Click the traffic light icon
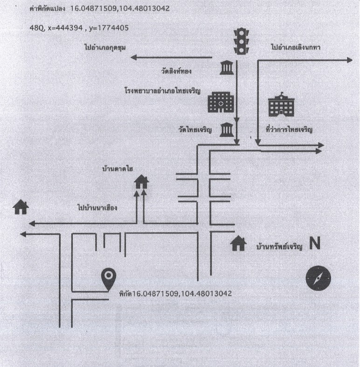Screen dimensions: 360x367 coord(241,42)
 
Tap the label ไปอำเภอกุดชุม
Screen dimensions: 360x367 coord(105,47)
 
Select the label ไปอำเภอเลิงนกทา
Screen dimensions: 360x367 coord(296,47)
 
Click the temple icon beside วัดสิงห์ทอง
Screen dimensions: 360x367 coord(227,68)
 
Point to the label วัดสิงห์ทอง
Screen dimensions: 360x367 coord(176,71)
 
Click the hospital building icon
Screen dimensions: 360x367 coord(221,102)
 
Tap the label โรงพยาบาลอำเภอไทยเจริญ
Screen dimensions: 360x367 coord(162,91)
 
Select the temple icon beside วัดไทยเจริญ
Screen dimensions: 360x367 coord(227,129)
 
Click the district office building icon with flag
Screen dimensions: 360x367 coord(281,105)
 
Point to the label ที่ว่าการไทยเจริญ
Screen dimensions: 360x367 coord(289,129)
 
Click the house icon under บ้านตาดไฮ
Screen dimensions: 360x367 coord(141,182)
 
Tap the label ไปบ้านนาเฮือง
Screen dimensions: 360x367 coord(97,208)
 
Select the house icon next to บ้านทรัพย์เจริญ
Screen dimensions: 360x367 coord(238,243)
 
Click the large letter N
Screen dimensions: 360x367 coord(315,243)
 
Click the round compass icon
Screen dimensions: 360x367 coord(318,278)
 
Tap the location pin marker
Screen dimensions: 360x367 coord(109,279)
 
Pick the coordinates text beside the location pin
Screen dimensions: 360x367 coord(175,293)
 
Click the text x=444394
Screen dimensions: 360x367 coord(65,28)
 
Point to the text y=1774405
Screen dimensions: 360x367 coord(109,28)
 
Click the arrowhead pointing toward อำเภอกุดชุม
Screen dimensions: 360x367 coord(133,57)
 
